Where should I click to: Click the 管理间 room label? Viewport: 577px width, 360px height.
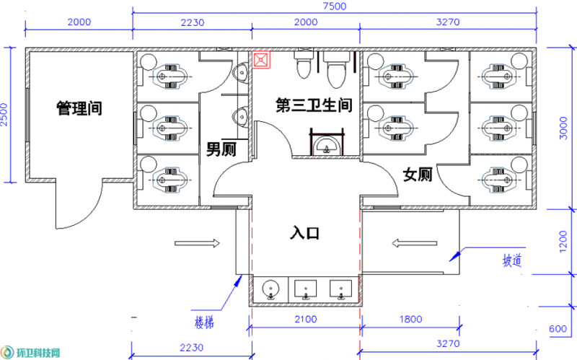pos(79,108)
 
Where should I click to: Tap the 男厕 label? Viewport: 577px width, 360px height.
pos(221,149)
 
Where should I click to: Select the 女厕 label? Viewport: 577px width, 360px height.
pos(418,174)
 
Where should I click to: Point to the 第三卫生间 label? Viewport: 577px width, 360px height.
pos(314,105)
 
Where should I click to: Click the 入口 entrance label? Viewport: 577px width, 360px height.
pos(304,233)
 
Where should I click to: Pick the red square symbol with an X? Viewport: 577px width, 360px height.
pos(261,60)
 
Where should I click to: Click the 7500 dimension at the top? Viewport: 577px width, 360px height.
pos(335,6)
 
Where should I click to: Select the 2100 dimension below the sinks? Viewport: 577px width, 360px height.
pos(305,319)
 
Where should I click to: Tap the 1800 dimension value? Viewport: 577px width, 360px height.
pos(410,319)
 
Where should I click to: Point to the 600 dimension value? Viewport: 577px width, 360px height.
pos(558,328)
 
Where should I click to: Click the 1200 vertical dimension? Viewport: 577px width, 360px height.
pos(563,242)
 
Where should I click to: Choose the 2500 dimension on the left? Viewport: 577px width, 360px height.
pos(4,115)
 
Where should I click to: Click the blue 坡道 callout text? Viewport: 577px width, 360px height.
pos(512,260)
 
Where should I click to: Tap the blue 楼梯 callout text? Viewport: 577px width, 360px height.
pos(204,323)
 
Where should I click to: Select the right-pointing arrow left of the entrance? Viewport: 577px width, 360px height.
pos(197,243)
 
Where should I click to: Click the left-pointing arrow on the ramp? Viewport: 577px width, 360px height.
pos(414,243)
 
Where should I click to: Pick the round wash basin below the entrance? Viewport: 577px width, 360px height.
pos(270,289)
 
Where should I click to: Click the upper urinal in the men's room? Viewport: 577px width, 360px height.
pos(240,71)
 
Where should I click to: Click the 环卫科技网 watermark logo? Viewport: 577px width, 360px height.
pos(30,353)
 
